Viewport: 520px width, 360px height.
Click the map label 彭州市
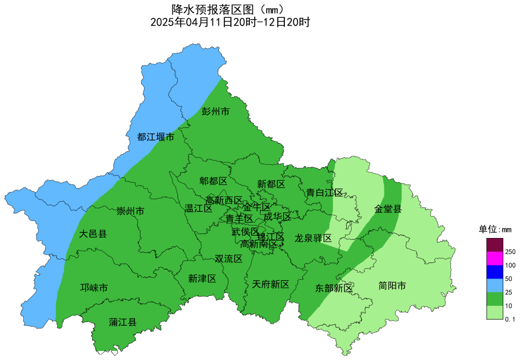point(215,112)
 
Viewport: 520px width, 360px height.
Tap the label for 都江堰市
point(156,137)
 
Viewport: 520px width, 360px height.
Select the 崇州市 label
point(130,212)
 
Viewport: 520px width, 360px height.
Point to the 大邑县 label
point(93,234)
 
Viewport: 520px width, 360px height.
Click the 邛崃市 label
point(94,288)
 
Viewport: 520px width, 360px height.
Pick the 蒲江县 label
point(123,323)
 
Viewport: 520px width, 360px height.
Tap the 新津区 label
point(202,278)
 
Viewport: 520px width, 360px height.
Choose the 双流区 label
point(228,259)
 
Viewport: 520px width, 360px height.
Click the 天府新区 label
point(271,284)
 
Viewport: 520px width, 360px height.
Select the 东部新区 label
point(334,289)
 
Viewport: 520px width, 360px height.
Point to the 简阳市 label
point(392,286)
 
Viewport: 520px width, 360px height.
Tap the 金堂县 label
point(388,209)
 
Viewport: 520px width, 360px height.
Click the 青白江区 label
point(325,193)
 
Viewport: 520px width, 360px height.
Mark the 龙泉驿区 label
point(313,238)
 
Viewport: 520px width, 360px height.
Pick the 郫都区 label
point(213,181)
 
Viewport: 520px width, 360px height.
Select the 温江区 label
point(199,208)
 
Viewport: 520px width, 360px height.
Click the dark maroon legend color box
point(494,245)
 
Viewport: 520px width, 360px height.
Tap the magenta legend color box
point(494,258)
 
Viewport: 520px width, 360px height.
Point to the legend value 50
point(509,279)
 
